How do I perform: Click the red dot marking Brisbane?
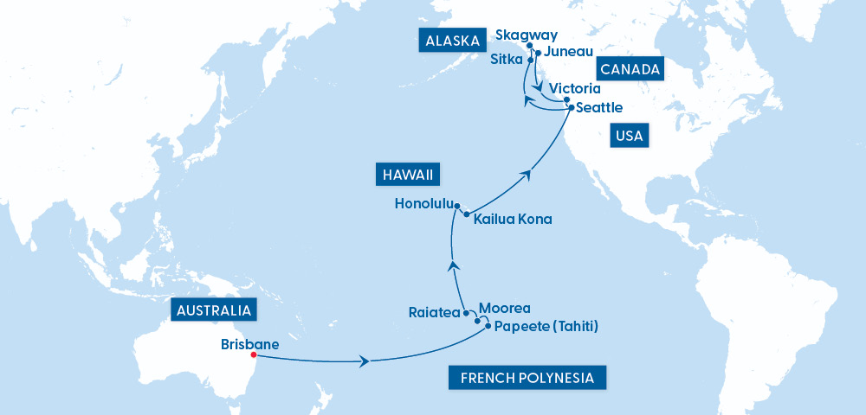pyautogui.click(x=253, y=354)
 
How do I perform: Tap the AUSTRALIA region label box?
pyautogui.click(x=212, y=310)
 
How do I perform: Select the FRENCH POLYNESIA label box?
pyautogui.click(x=527, y=378)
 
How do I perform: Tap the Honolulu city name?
pyautogui.click(x=423, y=205)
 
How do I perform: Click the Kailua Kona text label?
pyautogui.click(x=513, y=220)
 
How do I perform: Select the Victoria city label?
pyautogui.click(x=575, y=88)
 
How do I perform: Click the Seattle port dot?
pyautogui.click(x=570, y=108)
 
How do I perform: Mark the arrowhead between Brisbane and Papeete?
pyautogui.click(x=368, y=361)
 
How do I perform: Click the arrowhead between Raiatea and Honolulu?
pyautogui.click(x=453, y=266)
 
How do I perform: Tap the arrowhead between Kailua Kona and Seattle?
pyautogui.click(x=526, y=176)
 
